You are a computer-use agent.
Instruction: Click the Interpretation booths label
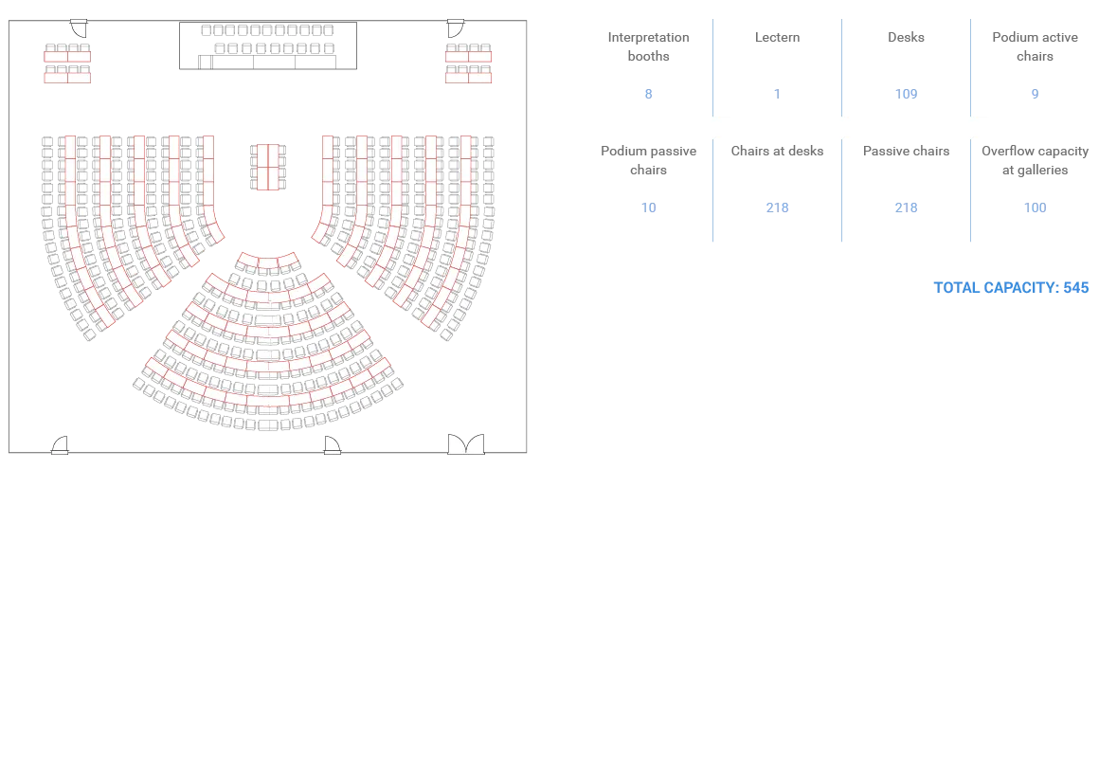tap(648, 46)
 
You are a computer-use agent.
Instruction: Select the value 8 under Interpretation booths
tap(648, 94)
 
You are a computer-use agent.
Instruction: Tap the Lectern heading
tap(777, 37)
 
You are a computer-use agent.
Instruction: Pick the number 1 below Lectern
tap(777, 94)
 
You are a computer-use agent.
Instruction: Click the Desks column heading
tap(907, 37)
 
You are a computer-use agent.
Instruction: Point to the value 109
tap(907, 94)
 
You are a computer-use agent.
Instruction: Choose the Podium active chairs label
tap(1036, 46)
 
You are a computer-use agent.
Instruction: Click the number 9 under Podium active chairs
tap(1036, 94)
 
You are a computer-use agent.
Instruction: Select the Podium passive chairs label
tap(648, 160)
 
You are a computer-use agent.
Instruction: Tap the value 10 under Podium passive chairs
tap(648, 208)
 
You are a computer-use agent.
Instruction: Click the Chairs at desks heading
tap(777, 151)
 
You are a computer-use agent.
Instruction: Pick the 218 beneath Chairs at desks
tap(777, 208)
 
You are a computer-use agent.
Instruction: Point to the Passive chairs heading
tap(907, 151)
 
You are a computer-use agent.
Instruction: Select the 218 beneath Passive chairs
tap(907, 208)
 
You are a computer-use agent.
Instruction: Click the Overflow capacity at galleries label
tap(1036, 160)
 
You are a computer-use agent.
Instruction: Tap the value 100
tap(1036, 208)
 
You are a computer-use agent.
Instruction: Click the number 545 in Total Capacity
tap(1076, 287)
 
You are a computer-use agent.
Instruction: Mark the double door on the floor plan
tap(466, 443)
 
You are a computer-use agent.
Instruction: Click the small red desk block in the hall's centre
tap(268, 167)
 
